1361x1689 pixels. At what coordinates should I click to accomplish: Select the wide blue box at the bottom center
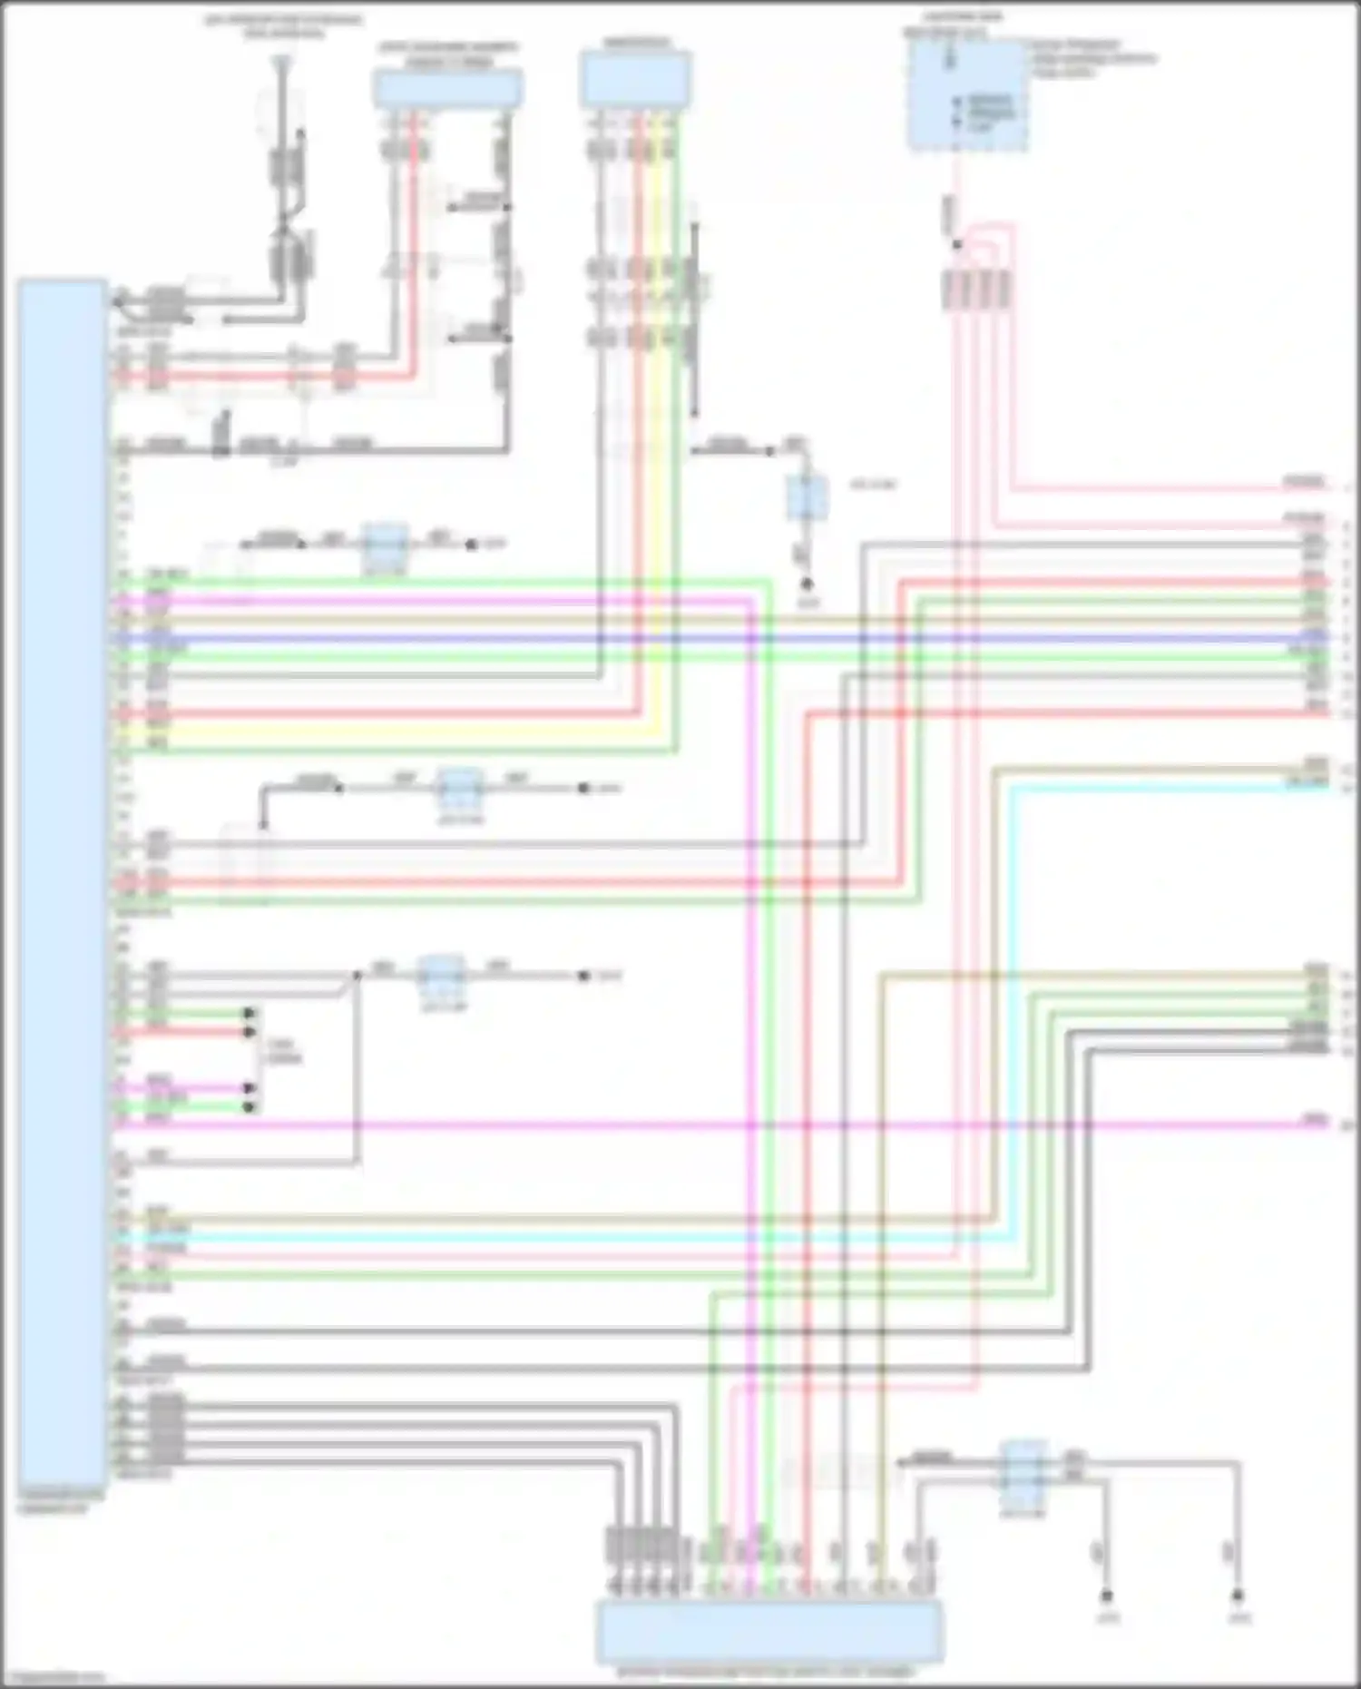(768, 1630)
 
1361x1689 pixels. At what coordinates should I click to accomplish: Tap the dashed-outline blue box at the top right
(967, 94)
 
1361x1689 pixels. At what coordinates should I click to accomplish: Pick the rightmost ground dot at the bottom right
(1238, 1594)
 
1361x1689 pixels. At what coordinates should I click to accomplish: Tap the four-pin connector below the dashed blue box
(976, 289)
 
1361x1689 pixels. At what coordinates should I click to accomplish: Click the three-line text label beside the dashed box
(1089, 57)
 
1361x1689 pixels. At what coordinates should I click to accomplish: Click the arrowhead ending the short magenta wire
(250, 1087)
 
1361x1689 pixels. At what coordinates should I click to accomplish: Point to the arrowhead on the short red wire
(250, 1032)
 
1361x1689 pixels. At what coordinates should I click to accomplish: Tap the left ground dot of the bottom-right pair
(1106, 1594)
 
